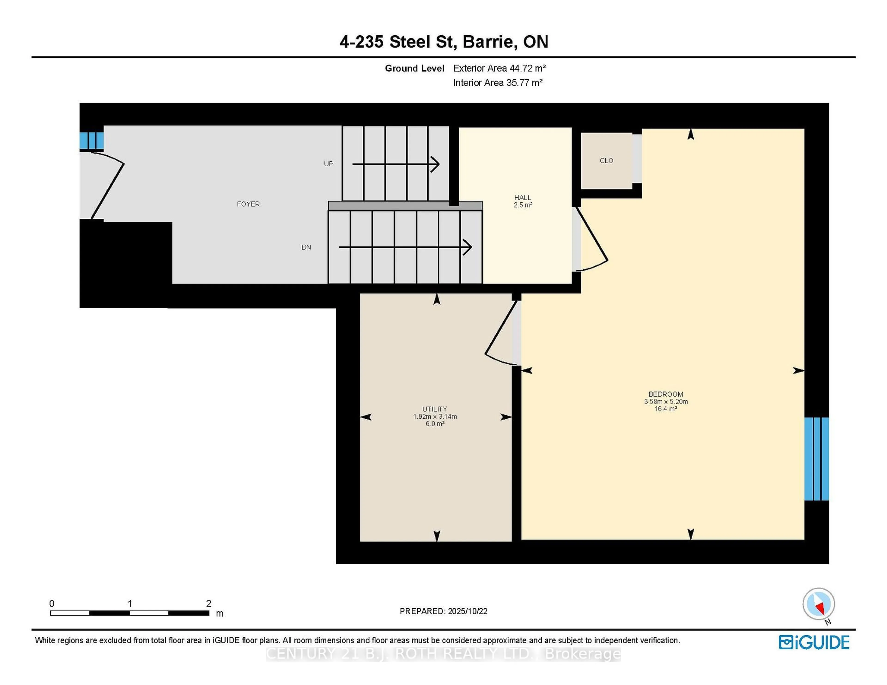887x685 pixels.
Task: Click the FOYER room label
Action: (248, 204)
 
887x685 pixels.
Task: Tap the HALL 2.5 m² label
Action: (523, 201)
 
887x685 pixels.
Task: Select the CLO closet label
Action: (606, 161)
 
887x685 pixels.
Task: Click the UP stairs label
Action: (328, 164)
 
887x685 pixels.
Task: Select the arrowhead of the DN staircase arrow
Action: (468, 247)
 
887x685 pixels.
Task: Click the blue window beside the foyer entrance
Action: (91, 140)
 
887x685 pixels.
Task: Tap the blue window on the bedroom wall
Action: (816, 459)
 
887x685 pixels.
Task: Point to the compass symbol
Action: (818, 604)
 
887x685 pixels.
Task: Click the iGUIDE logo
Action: (814, 642)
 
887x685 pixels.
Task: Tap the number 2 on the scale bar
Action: (209, 604)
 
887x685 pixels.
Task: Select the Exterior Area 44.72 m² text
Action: (499, 68)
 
